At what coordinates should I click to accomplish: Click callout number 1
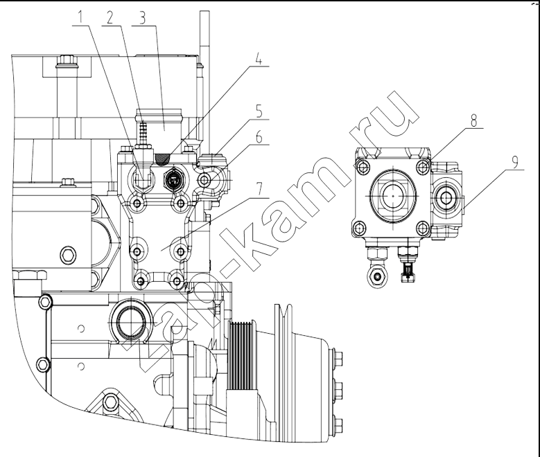[80, 17]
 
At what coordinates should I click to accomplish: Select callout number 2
[110, 18]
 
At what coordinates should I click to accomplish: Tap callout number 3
[142, 19]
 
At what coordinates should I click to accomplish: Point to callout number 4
[259, 59]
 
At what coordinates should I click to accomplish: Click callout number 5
[259, 113]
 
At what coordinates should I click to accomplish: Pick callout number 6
[259, 137]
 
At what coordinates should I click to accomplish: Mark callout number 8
[474, 121]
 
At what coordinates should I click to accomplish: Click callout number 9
[514, 162]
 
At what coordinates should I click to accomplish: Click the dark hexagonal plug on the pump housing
[175, 179]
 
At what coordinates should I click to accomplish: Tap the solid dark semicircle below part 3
[163, 159]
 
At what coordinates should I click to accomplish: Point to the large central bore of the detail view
[393, 196]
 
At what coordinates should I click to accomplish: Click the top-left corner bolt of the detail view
[363, 168]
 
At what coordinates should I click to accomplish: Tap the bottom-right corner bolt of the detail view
[423, 227]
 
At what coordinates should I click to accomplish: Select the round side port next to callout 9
[446, 198]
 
